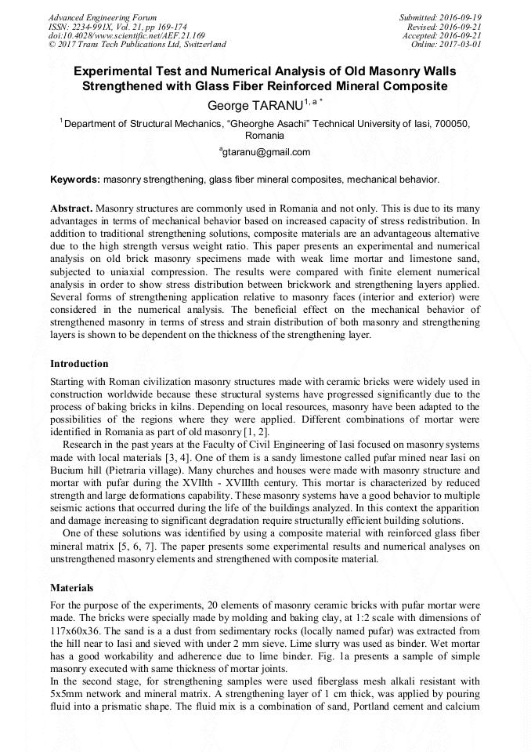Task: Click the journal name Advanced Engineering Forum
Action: [x=103, y=17]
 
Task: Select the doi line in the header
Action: [x=127, y=35]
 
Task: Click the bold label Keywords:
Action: [x=75, y=180]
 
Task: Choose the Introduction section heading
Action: [x=79, y=364]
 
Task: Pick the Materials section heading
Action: [x=72, y=587]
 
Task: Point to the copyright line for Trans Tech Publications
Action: [x=137, y=45]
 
